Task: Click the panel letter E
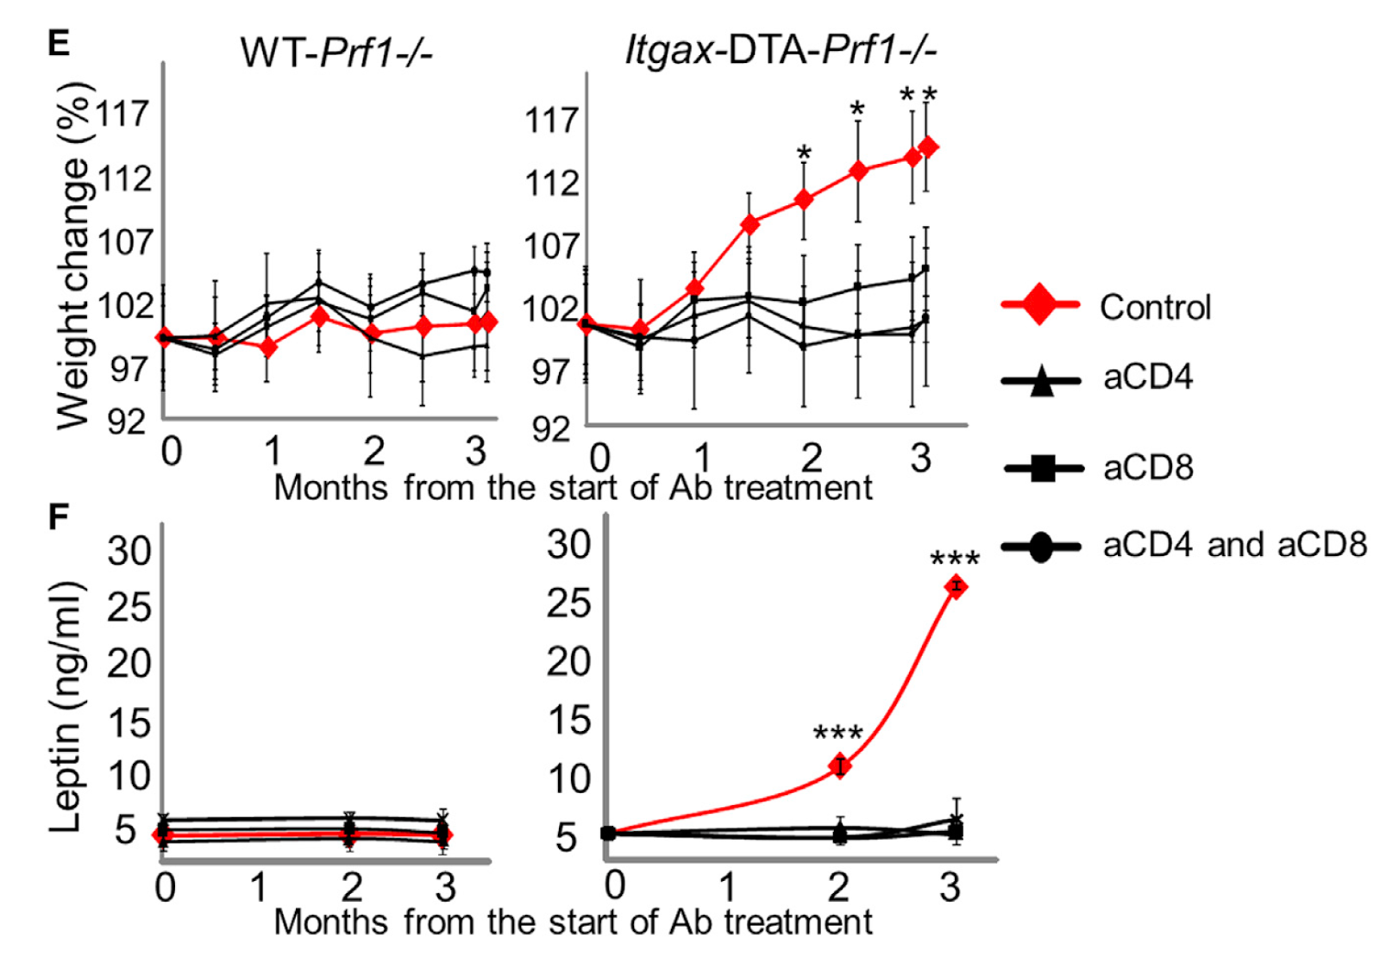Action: click(59, 42)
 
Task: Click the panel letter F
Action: click(59, 517)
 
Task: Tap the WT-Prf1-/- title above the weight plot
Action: click(336, 53)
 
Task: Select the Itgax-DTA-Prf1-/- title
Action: click(781, 51)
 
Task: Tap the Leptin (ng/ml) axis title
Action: click(66, 707)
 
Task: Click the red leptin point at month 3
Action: click(955, 587)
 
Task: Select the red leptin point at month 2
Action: click(839, 766)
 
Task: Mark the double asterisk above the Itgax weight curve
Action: click(918, 95)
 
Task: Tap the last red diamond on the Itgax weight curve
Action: click(928, 147)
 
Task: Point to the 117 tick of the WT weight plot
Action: click(122, 113)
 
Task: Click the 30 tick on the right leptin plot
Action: click(568, 545)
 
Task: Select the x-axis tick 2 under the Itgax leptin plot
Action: click(838, 886)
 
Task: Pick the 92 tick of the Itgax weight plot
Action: click(550, 428)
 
